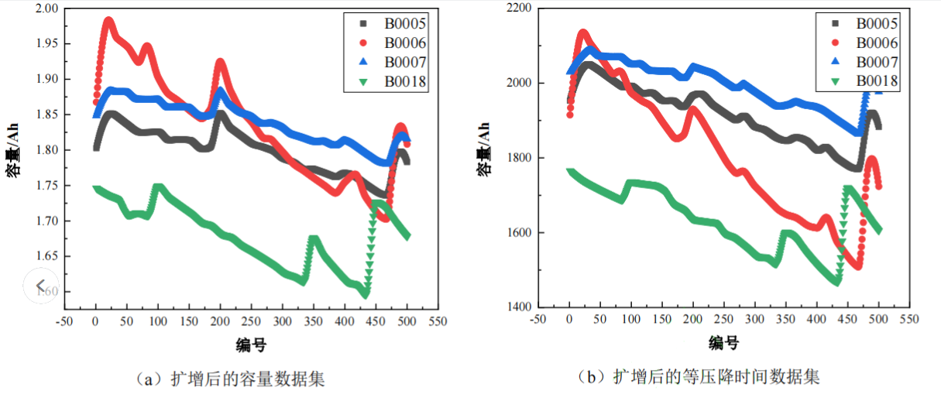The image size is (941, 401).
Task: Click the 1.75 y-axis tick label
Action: click(x=46, y=186)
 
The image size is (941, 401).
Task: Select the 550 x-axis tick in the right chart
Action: click(x=910, y=319)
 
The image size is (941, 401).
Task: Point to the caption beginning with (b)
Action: click(x=699, y=377)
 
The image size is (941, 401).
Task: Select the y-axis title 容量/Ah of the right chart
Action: click(x=484, y=158)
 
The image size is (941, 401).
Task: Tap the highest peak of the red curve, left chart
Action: click(x=108, y=21)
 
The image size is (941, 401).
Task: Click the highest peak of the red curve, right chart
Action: click(x=583, y=33)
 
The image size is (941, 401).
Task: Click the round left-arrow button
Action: click(x=40, y=286)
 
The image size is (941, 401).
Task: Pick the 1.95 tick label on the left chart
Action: click(x=46, y=43)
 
